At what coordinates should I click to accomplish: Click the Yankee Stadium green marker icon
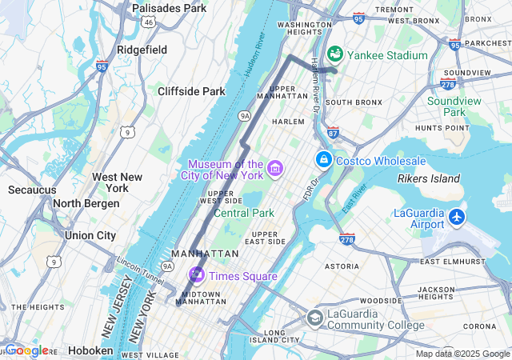(x=335, y=54)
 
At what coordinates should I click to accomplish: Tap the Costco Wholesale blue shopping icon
(x=323, y=160)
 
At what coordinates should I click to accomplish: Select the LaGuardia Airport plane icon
(x=457, y=216)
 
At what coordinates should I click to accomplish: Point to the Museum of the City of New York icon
(x=276, y=169)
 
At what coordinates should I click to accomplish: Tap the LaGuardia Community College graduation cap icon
(x=315, y=318)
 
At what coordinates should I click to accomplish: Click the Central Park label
(x=243, y=213)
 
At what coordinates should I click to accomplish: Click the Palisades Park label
(x=169, y=8)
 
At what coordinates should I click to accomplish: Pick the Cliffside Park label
(x=191, y=91)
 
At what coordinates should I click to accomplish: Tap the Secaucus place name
(x=32, y=190)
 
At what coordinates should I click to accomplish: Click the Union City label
(x=90, y=235)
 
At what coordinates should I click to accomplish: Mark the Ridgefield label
(x=142, y=50)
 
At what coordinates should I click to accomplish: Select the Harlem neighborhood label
(x=289, y=122)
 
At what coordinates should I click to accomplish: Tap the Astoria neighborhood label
(x=342, y=266)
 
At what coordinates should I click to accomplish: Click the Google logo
(x=26, y=350)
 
